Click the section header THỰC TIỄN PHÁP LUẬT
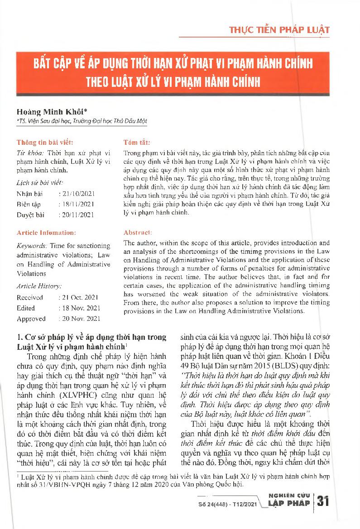click(279, 31)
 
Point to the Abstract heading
click(139, 232)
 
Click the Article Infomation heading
click(46, 232)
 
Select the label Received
click(30, 297)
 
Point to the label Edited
click(26, 308)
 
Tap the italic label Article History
click(38, 286)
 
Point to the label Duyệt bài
click(31, 214)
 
